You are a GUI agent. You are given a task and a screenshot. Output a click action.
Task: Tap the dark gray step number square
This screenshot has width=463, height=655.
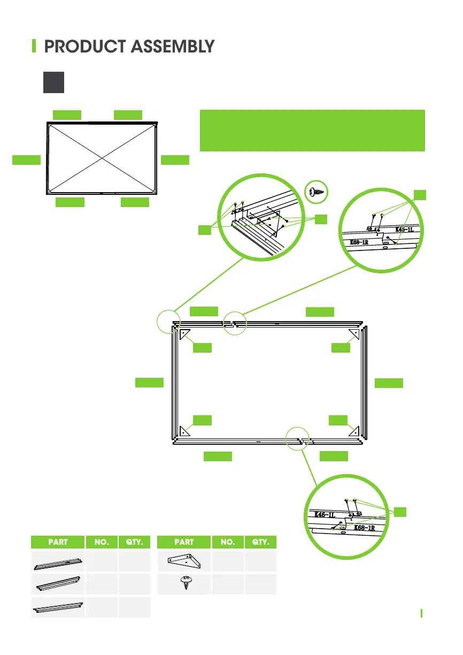53,82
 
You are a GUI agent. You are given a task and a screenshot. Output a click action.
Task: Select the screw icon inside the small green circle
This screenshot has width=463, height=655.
315,192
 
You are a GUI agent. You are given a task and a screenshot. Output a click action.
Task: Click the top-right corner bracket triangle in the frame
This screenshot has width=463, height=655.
354,334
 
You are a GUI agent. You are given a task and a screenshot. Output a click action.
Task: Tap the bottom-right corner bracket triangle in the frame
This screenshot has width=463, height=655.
354,430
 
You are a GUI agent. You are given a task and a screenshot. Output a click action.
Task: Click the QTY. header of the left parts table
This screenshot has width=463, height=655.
134,542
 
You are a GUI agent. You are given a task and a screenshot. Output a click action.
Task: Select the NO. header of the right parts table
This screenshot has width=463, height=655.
227,542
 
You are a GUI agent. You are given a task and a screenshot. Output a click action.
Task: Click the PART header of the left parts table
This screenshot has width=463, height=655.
58,542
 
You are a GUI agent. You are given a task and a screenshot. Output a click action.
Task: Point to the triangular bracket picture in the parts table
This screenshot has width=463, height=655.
184,562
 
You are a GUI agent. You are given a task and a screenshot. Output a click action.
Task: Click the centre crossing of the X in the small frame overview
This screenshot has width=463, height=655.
102,158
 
